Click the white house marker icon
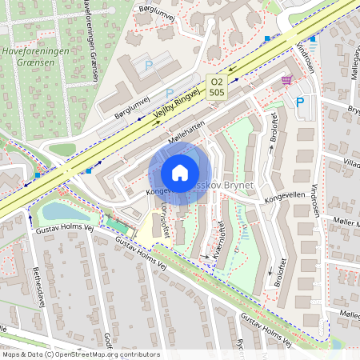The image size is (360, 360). coord(179,173)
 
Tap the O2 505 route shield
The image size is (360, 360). coord(216,86)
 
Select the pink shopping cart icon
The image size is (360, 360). coord(286,80)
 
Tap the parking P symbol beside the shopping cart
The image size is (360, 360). coord(300,102)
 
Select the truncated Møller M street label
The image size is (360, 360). coord(343,222)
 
